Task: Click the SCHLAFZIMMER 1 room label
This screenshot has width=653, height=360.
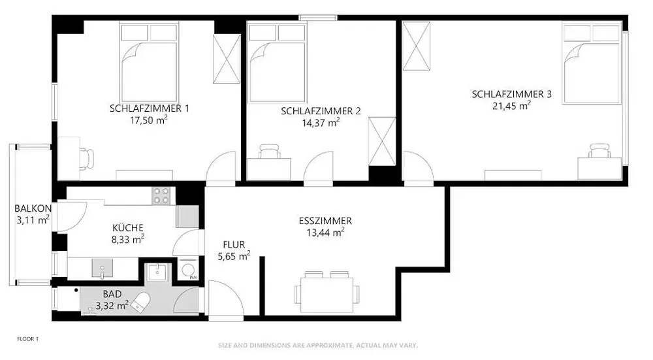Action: (150, 108)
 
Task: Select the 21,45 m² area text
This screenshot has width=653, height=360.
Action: (511, 106)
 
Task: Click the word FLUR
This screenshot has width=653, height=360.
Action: (234, 245)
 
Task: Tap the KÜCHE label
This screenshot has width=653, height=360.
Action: (128, 227)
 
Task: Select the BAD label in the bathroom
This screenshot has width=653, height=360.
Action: (112, 294)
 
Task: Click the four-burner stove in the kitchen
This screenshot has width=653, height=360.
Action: (161, 195)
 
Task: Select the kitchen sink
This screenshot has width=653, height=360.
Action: (102, 267)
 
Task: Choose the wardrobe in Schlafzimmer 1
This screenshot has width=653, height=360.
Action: (227, 58)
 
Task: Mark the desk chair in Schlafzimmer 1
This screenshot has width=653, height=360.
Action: (86, 157)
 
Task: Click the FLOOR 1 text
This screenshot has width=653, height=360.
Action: (28, 339)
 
